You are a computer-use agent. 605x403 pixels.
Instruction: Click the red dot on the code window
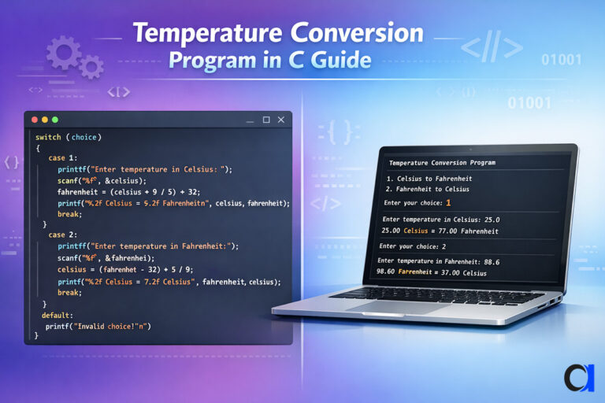point(34,120)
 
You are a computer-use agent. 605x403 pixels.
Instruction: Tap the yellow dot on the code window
point(44,120)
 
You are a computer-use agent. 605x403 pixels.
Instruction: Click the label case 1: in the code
point(62,158)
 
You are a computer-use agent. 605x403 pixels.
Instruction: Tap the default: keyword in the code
point(57,315)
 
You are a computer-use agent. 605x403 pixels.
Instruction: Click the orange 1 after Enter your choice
point(449,203)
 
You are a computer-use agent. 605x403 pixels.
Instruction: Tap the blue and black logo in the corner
point(579,377)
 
